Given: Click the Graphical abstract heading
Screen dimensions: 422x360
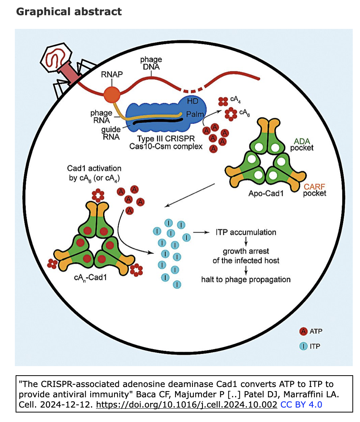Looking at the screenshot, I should pyautogui.click(x=69, y=12).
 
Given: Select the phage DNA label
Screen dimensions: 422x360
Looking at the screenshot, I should pyautogui.click(x=151, y=63).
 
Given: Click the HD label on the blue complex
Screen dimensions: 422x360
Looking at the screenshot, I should pyautogui.click(x=193, y=101).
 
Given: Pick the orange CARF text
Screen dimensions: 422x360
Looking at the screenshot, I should pyautogui.click(x=315, y=186).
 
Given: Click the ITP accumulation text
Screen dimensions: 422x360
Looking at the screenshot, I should pyautogui.click(x=246, y=232).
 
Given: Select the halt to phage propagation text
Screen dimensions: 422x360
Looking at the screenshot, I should pyautogui.click(x=246, y=280).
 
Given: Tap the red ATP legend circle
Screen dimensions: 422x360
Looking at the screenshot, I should pyautogui.click(x=303, y=331).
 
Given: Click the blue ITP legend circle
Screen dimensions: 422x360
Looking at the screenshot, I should pyautogui.click(x=303, y=346).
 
